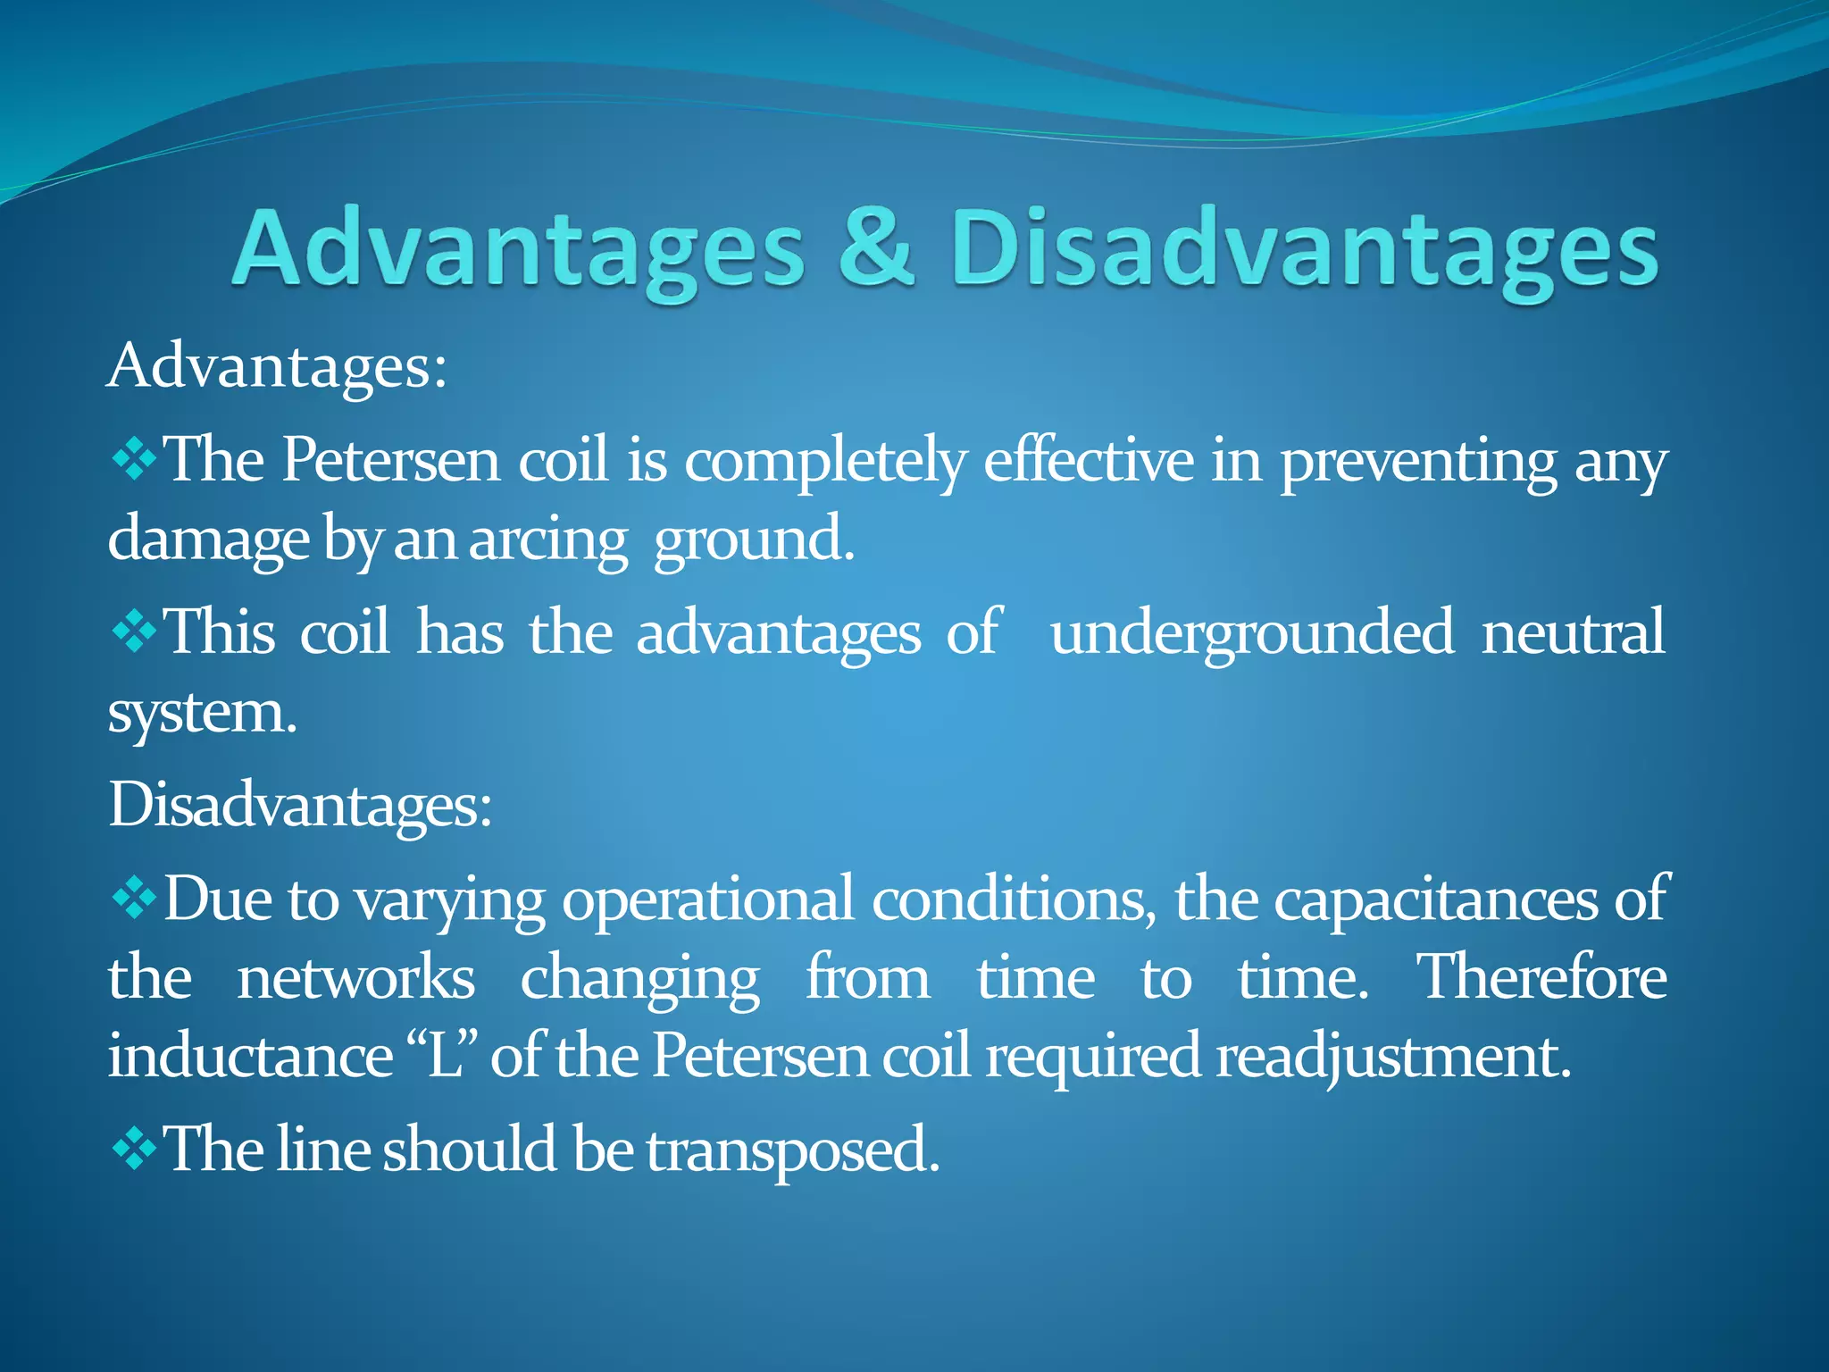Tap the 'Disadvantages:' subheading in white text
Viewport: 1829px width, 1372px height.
(x=300, y=805)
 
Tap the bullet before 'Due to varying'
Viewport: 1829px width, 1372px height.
(x=134, y=899)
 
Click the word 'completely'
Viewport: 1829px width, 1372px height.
(x=825, y=463)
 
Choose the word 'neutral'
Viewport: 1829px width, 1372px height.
(x=1573, y=632)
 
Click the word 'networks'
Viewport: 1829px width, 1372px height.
(x=355, y=977)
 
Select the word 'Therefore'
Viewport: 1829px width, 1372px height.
(x=1542, y=976)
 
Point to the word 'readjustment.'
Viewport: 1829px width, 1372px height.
(x=1393, y=1058)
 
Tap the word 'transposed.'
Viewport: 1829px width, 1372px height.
(x=793, y=1150)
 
